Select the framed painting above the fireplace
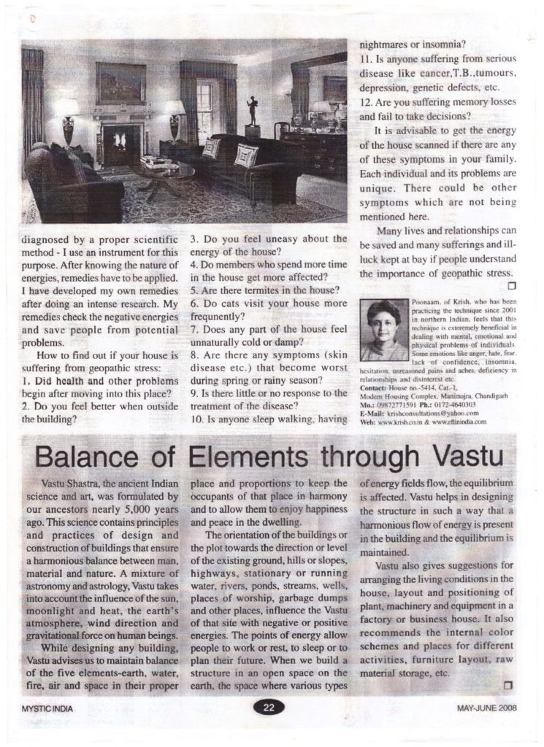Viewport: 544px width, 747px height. [x=120, y=82]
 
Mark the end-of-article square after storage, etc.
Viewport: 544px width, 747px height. [x=510, y=684]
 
